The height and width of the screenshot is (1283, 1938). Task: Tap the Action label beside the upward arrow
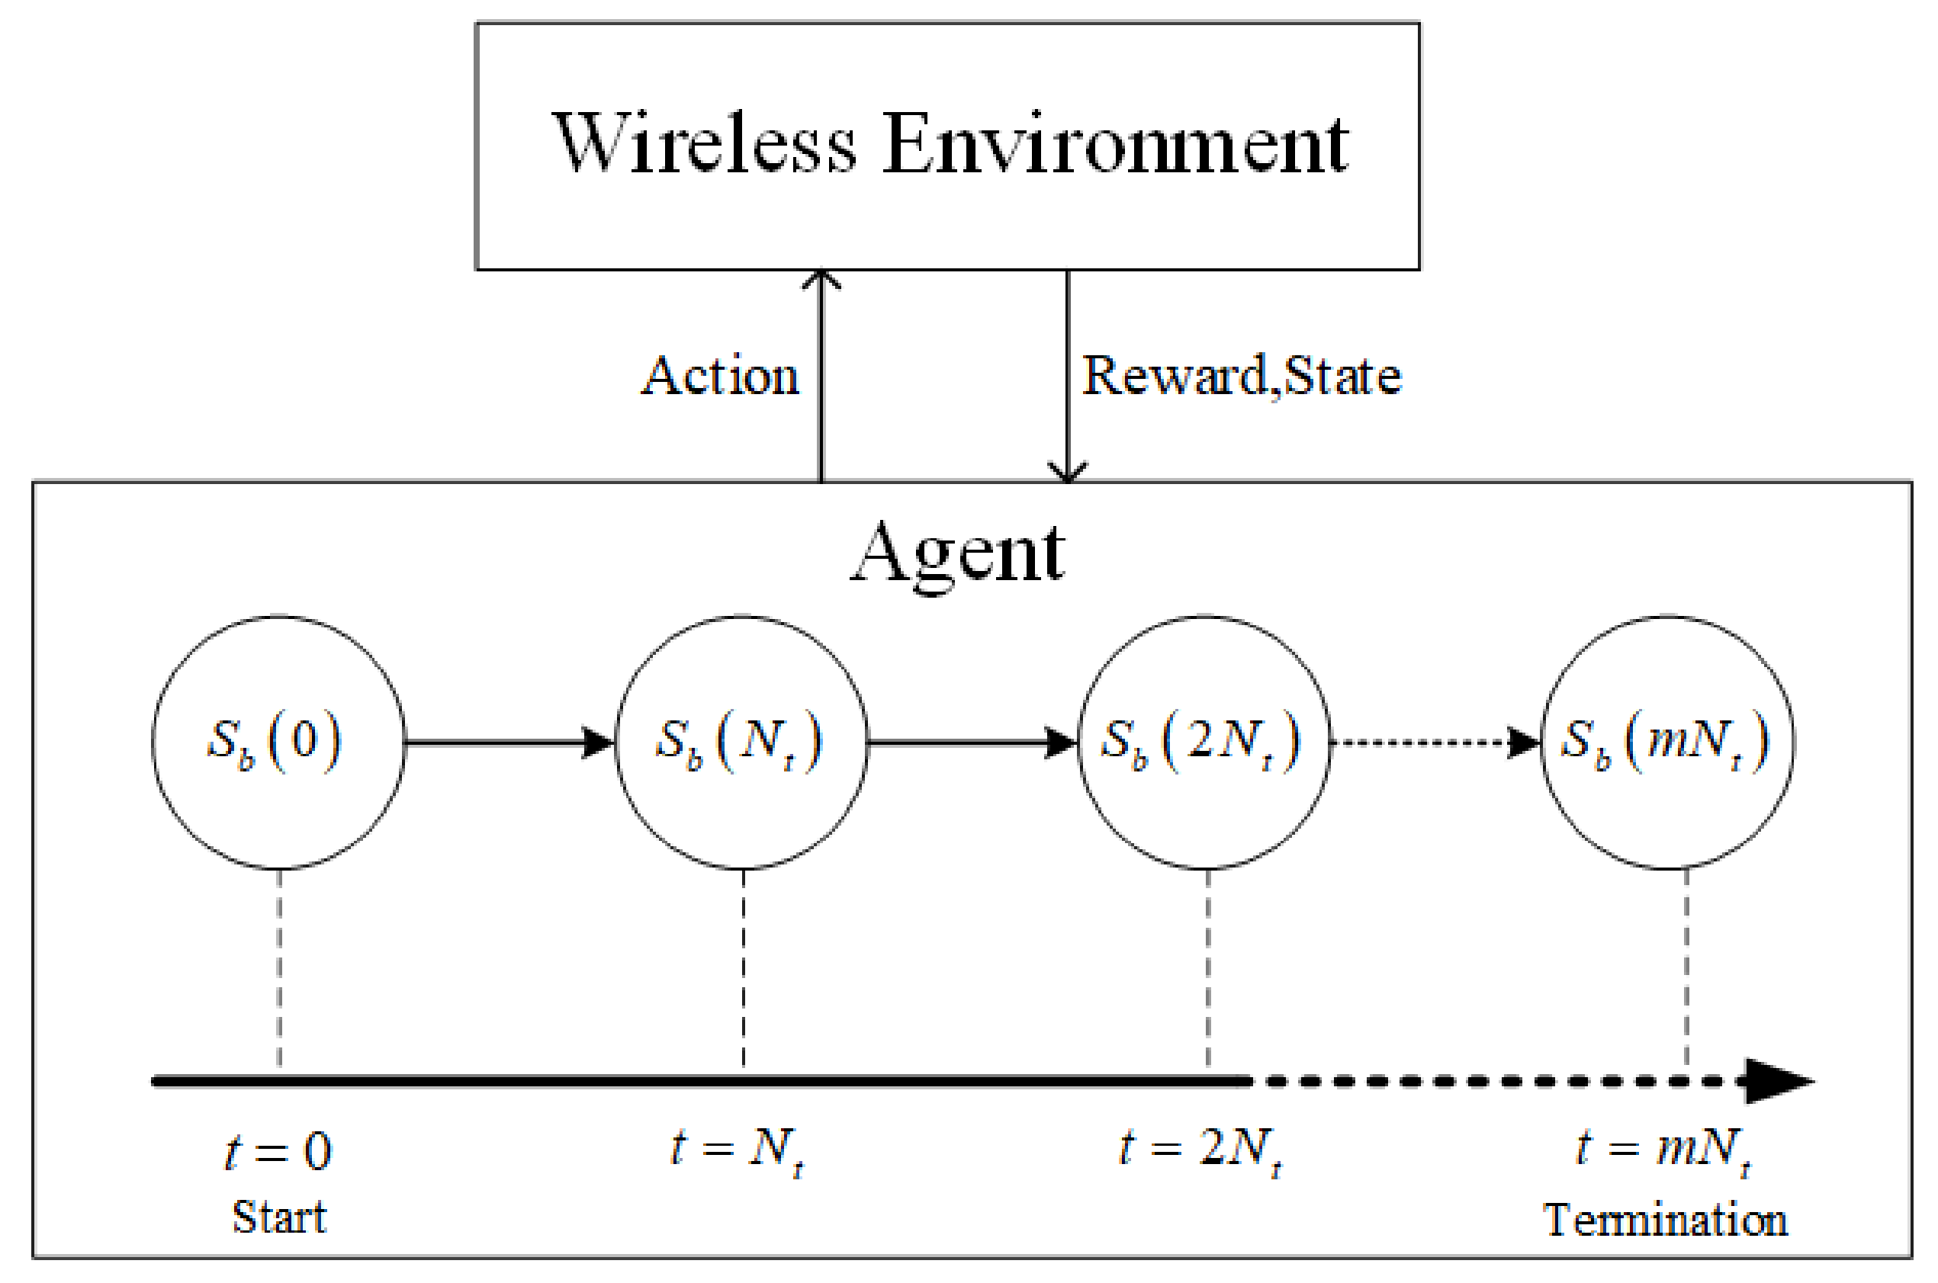[x=720, y=377]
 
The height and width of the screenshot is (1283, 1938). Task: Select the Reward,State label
[x=1242, y=377]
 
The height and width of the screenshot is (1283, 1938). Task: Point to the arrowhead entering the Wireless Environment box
[x=821, y=280]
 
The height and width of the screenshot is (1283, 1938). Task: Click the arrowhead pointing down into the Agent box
[x=1067, y=472]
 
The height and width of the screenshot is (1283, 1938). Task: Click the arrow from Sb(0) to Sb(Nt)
[x=507, y=743]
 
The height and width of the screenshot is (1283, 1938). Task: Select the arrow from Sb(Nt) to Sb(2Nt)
[x=971, y=743]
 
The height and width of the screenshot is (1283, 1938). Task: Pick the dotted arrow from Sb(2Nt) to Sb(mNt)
[x=1434, y=743]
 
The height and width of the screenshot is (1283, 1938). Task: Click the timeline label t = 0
[x=278, y=1152]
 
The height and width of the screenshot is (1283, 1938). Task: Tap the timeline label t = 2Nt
[x=1200, y=1150]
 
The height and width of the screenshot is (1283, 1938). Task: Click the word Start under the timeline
[x=279, y=1217]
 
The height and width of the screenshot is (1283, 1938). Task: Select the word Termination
[x=1665, y=1220]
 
